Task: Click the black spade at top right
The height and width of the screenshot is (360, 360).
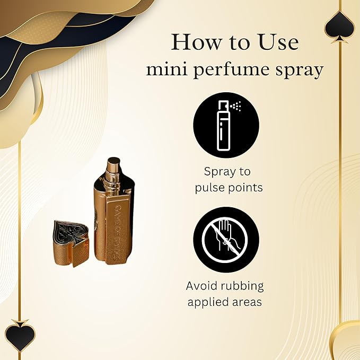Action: coord(339,24)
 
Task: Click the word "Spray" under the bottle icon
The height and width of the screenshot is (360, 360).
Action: coord(221,172)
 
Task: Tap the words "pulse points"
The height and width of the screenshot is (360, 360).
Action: coord(226,187)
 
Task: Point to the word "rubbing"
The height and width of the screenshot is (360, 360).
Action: coord(243,286)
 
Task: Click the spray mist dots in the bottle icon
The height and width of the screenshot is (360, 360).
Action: coord(236,107)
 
